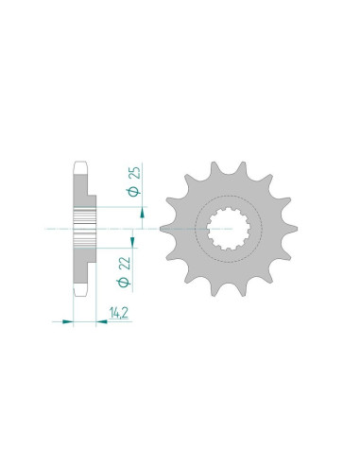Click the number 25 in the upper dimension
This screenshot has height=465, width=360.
click(x=136, y=173)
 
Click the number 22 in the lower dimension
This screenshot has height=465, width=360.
click(x=126, y=264)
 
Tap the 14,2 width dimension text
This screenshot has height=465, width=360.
click(x=119, y=313)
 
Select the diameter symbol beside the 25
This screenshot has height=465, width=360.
click(x=133, y=191)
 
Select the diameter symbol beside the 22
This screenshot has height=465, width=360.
click(x=124, y=282)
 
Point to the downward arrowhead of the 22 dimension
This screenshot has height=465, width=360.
click(x=132, y=242)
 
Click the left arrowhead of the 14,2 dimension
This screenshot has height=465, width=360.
click(x=67, y=321)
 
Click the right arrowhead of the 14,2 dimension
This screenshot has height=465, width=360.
click(x=101, y=321)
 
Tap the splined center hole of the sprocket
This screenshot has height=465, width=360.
click(x=229, y=229)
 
